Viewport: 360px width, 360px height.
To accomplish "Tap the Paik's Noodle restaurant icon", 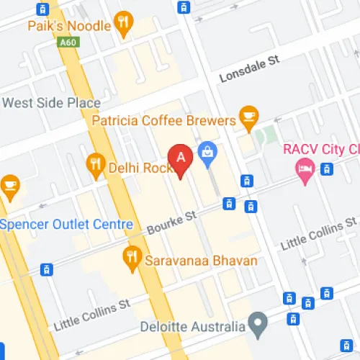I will click(x=124, y=24).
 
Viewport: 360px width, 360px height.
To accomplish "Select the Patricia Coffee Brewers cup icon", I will click(x=249, y=117).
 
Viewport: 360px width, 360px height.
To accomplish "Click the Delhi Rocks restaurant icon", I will click(x=95, y=165).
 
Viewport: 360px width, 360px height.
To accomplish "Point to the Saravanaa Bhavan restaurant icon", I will click(x=132, y=258).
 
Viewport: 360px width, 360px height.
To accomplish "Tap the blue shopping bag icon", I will click(x=208, y=153).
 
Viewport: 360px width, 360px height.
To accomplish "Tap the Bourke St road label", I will click(x=171, y=222).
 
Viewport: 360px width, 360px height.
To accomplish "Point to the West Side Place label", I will click(x=51, y=102).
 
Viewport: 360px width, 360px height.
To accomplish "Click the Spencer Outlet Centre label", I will click(x=66, y=224).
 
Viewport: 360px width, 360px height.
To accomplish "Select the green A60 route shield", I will click(x=68, y=42).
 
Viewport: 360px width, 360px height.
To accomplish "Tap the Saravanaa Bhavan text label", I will click(x=201, y=260).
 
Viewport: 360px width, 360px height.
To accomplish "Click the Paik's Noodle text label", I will click(x=69, y=25).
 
